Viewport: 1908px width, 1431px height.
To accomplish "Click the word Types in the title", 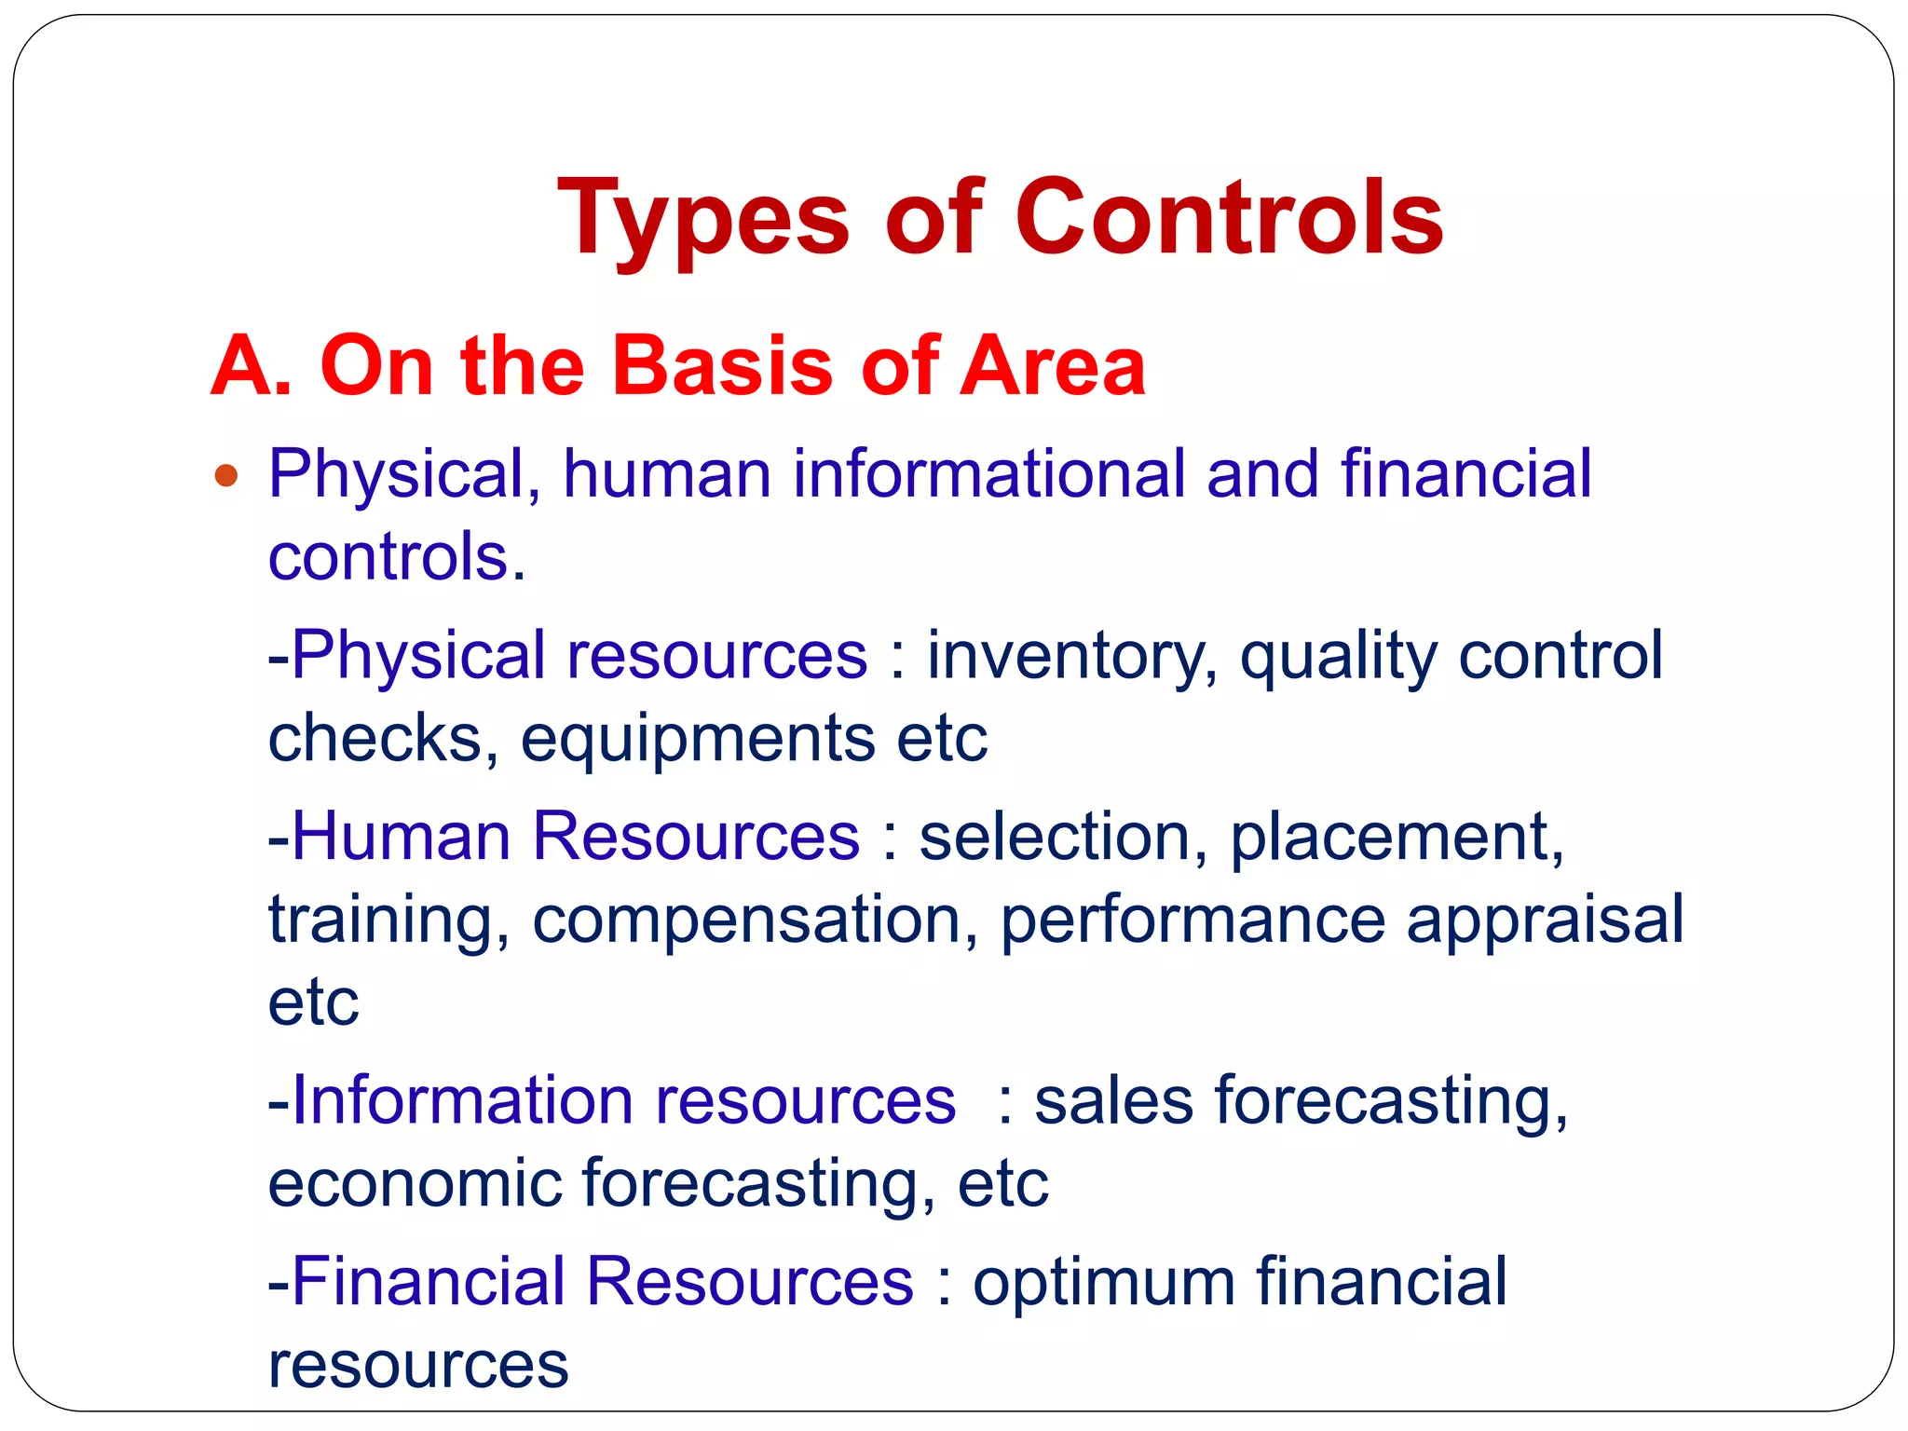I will pos(702,219).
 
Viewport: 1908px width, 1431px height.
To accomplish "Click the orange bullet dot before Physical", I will pos(226,477).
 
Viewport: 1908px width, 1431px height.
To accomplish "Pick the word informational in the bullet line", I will pos(988,474).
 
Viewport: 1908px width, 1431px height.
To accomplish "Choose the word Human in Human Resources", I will pos(401,836).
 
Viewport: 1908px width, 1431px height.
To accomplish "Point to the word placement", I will pos(1396,837).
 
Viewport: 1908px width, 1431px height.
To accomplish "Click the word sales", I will pos(1114,1100).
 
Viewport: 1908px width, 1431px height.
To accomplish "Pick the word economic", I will pos(416,1183).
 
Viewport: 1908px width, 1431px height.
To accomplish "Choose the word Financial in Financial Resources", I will pos(429,1281).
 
